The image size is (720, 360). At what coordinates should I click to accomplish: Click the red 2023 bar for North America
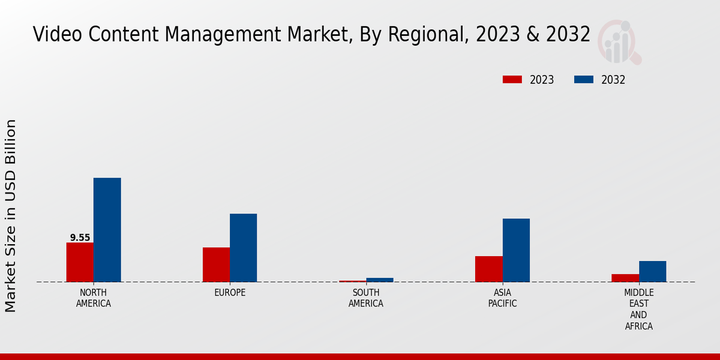(x=80, y=262)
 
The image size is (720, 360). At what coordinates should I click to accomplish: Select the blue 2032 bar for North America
(x=107, y=230)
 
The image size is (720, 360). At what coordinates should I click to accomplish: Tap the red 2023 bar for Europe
(x=216, y=265)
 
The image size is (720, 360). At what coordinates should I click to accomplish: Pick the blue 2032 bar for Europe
(x=243, y=248)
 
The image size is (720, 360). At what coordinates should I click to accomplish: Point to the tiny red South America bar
(x=352, y=281)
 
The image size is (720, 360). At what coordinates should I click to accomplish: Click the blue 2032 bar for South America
(x=380, y=280)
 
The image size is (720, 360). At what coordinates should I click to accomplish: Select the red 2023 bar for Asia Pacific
(x=488, y=269)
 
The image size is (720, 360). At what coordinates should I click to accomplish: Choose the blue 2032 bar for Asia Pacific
(x=516, y=250)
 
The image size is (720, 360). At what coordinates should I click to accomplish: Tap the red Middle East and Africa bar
(x=625, y=278)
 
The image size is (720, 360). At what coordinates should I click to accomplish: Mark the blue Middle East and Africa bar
(x=652, y=271)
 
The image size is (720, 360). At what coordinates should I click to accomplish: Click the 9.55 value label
(x=80, y=238)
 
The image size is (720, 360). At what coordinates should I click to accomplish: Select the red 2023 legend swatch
(x=512, y=80)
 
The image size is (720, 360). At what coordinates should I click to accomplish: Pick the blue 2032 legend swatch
(x=584, y=80)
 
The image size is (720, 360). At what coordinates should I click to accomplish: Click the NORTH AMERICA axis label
(x=94, y=298)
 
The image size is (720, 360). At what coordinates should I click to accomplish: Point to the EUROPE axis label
(x=230, y=293)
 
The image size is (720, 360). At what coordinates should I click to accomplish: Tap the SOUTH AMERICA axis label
(x=366, y=298)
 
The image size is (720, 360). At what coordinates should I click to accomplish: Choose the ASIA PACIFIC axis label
(x=502, y=298)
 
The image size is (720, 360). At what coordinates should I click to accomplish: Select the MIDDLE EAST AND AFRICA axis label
(x=638, y=310)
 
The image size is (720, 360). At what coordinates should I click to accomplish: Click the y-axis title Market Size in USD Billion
(x=11, y=216)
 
